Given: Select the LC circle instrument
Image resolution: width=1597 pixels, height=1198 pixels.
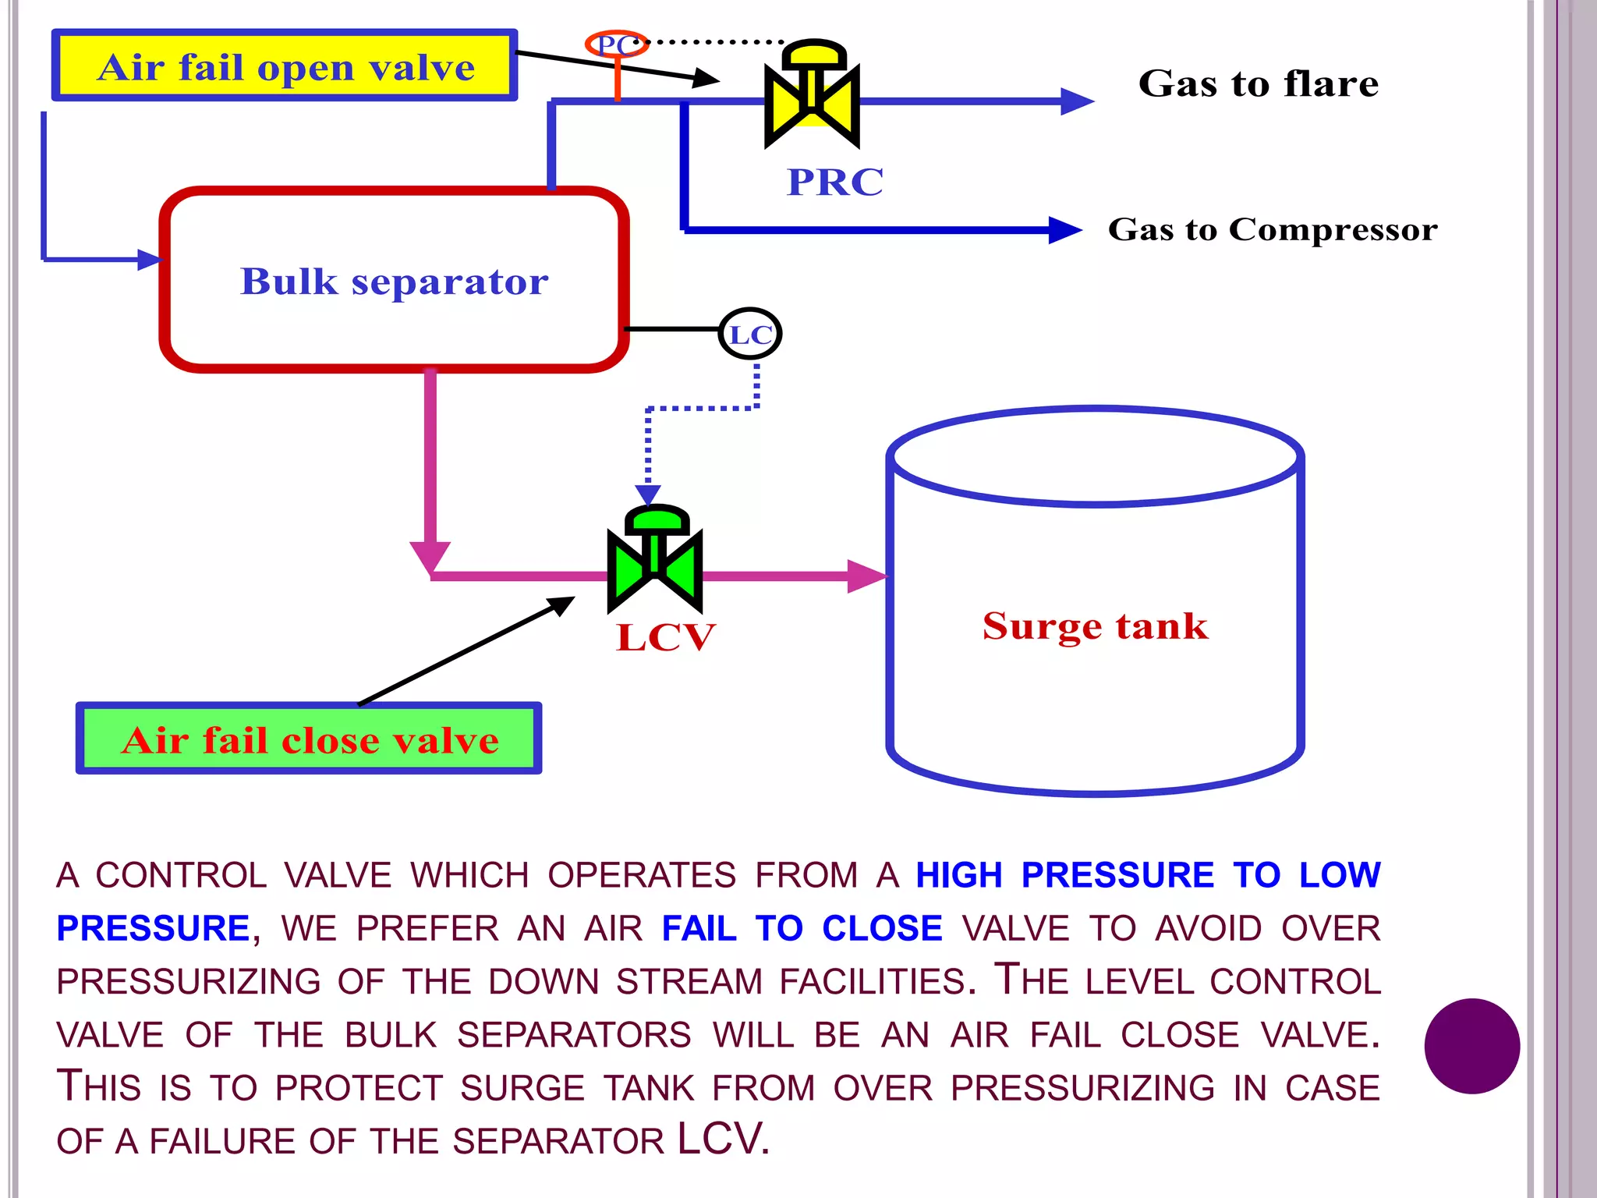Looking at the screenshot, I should tap(749, 334).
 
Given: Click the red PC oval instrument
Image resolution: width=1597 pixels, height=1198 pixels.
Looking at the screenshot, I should tap(616, 44).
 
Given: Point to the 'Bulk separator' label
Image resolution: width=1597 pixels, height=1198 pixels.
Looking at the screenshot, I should tap(394, 282).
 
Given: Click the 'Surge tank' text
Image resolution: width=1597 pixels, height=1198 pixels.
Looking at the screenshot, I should tap(1095, 626).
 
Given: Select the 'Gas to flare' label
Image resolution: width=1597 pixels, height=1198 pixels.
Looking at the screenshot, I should tap(1258, 83).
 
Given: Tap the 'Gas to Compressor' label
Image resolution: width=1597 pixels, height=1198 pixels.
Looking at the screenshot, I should tap(1272, 229).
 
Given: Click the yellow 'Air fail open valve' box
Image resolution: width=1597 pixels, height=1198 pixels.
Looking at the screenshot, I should tap(285, 66).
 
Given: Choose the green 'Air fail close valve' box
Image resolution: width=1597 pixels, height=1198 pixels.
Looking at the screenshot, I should tap(309, 739).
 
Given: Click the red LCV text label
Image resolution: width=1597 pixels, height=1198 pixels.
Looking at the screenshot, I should tap(665, 637).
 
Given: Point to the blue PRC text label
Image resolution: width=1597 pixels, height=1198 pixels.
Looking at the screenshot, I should tap(835, 183).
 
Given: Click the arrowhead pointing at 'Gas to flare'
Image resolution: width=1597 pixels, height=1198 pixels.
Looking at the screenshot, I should tap(1078, 101).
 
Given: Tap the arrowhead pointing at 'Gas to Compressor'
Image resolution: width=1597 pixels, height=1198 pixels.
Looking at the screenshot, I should tap(1065, 230).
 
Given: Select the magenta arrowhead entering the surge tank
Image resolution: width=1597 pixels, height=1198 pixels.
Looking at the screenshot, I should tap(866, 576).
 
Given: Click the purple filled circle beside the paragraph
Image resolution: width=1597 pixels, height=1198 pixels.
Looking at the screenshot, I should tap(1471, 1046).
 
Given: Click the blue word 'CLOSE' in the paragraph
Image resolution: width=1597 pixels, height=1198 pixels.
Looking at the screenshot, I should tap(882, 928).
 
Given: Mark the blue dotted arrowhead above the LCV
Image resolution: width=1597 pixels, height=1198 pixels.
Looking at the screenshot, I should tap(648, 494).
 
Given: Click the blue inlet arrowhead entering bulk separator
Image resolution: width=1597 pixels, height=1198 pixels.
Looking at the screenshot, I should tap(149, 260).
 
